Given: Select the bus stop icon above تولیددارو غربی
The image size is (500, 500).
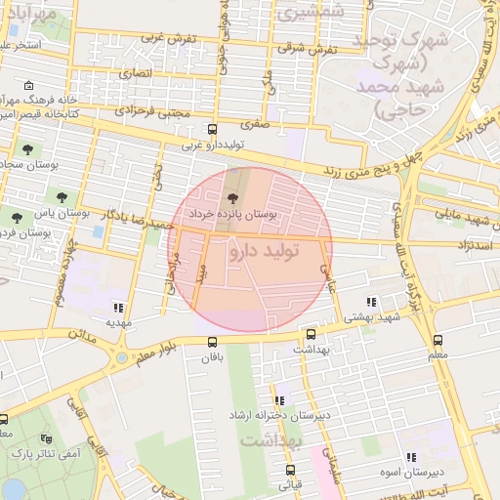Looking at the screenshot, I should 213,129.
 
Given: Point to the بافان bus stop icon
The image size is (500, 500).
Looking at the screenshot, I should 213,341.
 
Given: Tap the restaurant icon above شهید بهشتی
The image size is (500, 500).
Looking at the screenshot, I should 370,302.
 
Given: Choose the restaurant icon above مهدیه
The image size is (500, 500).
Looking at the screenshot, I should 119,307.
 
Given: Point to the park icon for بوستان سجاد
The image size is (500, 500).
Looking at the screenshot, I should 26,149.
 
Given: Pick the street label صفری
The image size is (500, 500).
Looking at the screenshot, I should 257,125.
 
